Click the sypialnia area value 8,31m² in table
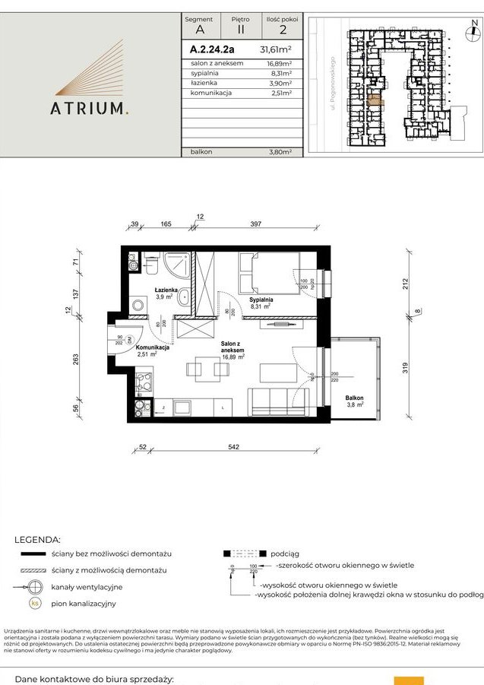(x=281, y=74)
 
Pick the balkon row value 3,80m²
(x=280, y=152)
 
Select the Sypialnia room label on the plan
(x=260, y=301)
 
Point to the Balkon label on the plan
(x=354, y=398)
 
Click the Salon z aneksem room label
(x=232, y=350)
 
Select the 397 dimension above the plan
(x=256, y=224)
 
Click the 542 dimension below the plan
(x=233, y=446)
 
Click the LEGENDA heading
(x=37, y=539)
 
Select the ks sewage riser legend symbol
(x=34, y=603)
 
